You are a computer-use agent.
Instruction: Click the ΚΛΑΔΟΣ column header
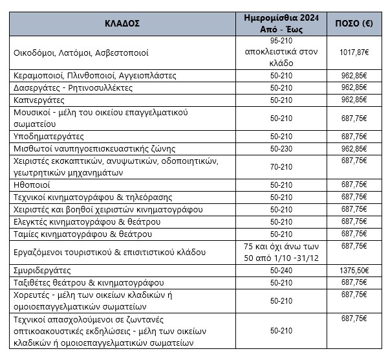tap(122, 24)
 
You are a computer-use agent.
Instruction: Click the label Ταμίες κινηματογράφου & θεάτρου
tap(83, 233)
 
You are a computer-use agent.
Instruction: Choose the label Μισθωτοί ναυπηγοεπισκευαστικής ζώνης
tap(91, 148)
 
